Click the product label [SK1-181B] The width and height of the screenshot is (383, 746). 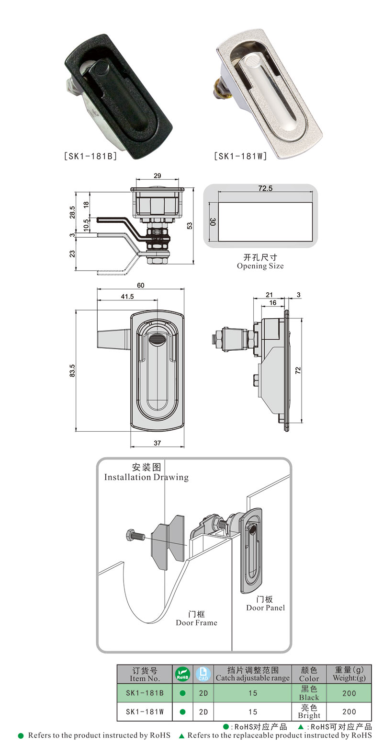pyautogui.click(x=90, y=156)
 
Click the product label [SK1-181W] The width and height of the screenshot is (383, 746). pyautogui.click(x=240, y=156)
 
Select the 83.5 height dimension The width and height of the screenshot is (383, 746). pyautogui.click(x=72, y=370)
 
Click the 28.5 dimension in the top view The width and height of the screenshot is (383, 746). pyautogui.click(x=73, y=211)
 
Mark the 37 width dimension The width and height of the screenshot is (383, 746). pyautogui.click(x=157, y=443)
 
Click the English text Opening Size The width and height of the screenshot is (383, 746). pyautogui.click(x=260, y=266)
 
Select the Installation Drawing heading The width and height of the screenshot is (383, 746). pyautogui.click(x=146, y=477)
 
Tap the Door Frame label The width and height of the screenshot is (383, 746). pyautogui.click(x=196, y=623)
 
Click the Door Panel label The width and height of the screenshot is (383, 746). pyautogui.click(x=265, y=608)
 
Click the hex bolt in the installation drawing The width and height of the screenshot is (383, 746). pyautogui.click(x=136, y=536)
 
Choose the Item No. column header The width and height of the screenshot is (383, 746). pyautogui.click(x=144, y=674)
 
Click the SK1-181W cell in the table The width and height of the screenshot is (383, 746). pyautogui.click(x=145, y=712)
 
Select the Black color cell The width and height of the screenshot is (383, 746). pyautogui.click(x=309, y=693)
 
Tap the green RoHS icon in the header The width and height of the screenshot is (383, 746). pyautogui.click(x=182, y=674)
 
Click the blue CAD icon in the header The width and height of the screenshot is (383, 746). pyautogui.click(x=203, y=674)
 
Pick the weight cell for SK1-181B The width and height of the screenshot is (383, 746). pyautogui.click(x=349, y=693)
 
